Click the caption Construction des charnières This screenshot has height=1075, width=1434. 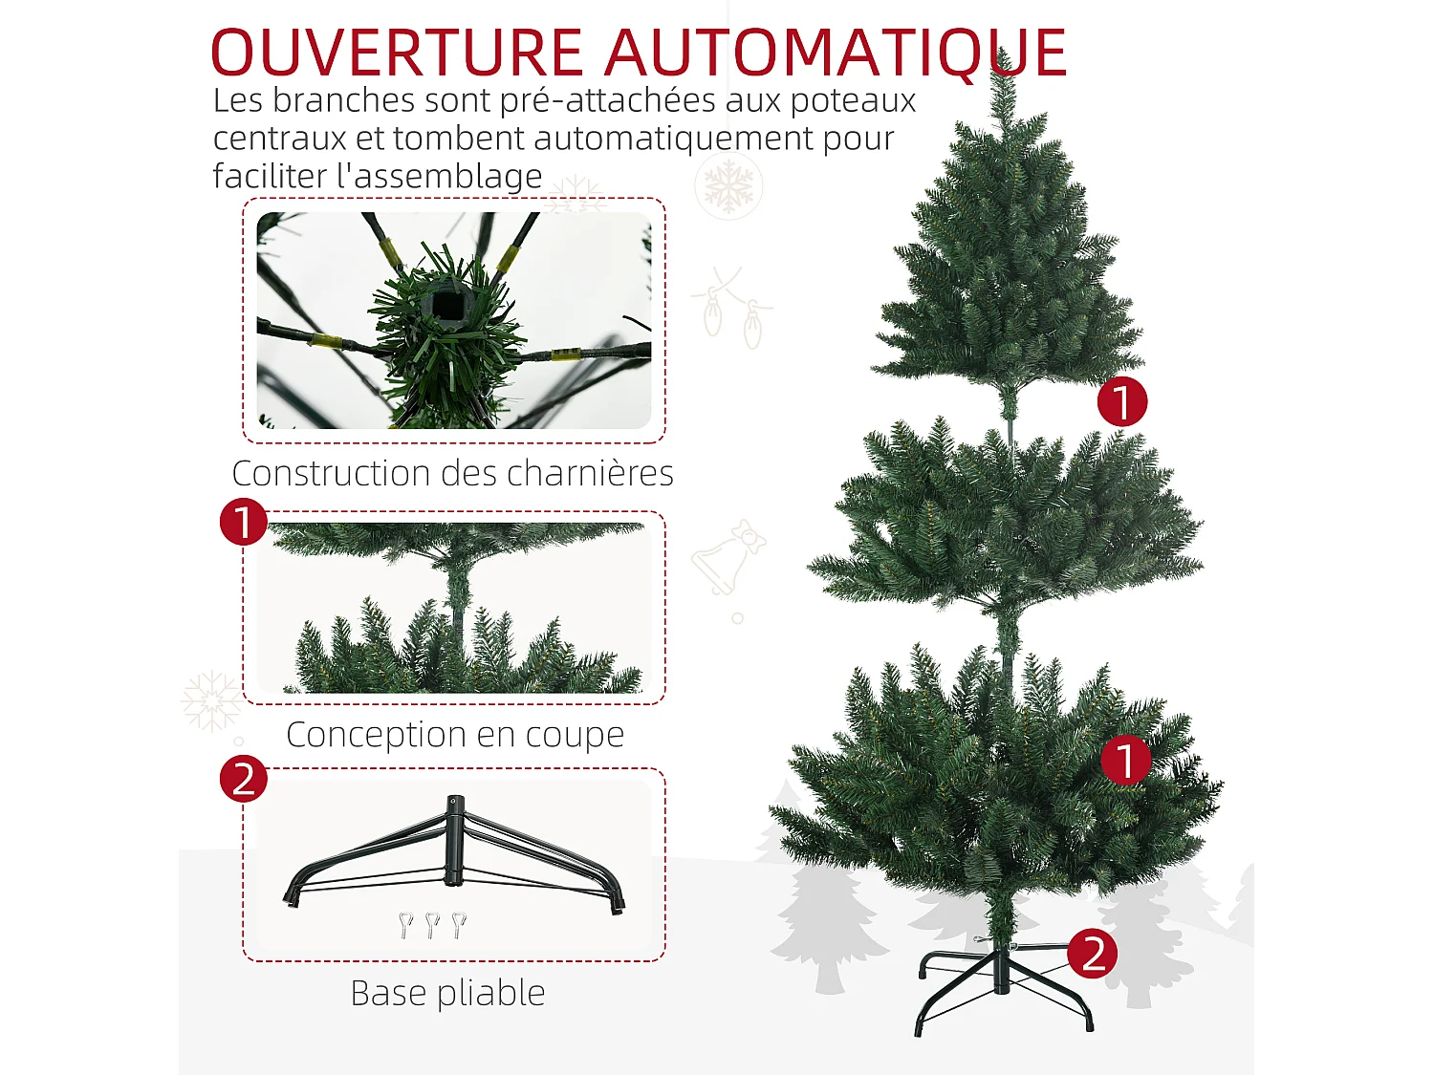click(452, 473)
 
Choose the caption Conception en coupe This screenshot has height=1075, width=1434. click(455, 734)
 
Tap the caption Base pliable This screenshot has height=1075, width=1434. click(447, 993)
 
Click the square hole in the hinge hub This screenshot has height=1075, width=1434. click(446, 306)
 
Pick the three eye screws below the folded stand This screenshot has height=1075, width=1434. click(432, 924)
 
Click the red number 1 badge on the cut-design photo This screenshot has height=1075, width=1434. click(244, 522)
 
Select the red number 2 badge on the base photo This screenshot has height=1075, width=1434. click(244, 779)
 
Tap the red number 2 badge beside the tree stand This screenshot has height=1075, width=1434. click(1093, 954)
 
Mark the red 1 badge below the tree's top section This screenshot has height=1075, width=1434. click(1121, 401)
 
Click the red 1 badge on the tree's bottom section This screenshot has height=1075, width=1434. click(1125, 761)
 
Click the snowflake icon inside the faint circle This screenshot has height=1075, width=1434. click(728, 184)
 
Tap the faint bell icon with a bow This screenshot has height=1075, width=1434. click(728, 559)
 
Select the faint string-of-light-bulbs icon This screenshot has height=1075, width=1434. click(731, 307)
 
